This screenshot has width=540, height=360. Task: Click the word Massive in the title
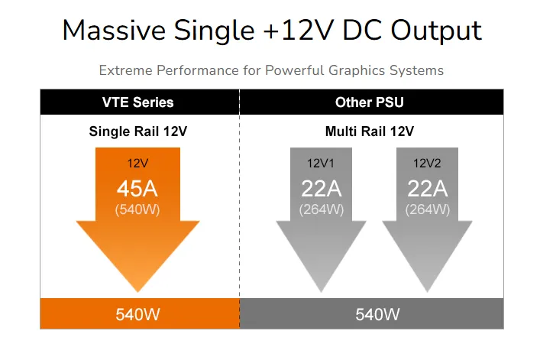point(114,31)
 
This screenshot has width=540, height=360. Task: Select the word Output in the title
point(436,31)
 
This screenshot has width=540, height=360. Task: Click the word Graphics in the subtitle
point(357,70)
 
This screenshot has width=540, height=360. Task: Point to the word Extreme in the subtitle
point(125,70)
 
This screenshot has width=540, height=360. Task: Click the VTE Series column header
point(137,102)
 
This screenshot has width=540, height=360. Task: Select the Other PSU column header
point(370,102)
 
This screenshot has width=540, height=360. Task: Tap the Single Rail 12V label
point(137,131)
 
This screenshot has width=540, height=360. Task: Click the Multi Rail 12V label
point(370,131)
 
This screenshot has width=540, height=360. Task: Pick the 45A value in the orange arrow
point(137,189)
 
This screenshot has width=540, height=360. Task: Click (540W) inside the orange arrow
point(137,209)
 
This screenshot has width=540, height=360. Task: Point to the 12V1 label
point(321,164)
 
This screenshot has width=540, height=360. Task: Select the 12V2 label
point(427,164)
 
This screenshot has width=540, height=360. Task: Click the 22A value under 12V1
point(322,189)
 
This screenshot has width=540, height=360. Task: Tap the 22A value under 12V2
point(428,189)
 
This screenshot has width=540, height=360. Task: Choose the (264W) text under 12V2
point(428,209)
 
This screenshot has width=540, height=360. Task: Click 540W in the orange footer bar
point(137,315)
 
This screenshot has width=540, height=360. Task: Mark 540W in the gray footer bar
point(377,315)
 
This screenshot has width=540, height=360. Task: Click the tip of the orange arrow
point(137,292)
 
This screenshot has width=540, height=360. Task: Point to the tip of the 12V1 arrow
point(322,292)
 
